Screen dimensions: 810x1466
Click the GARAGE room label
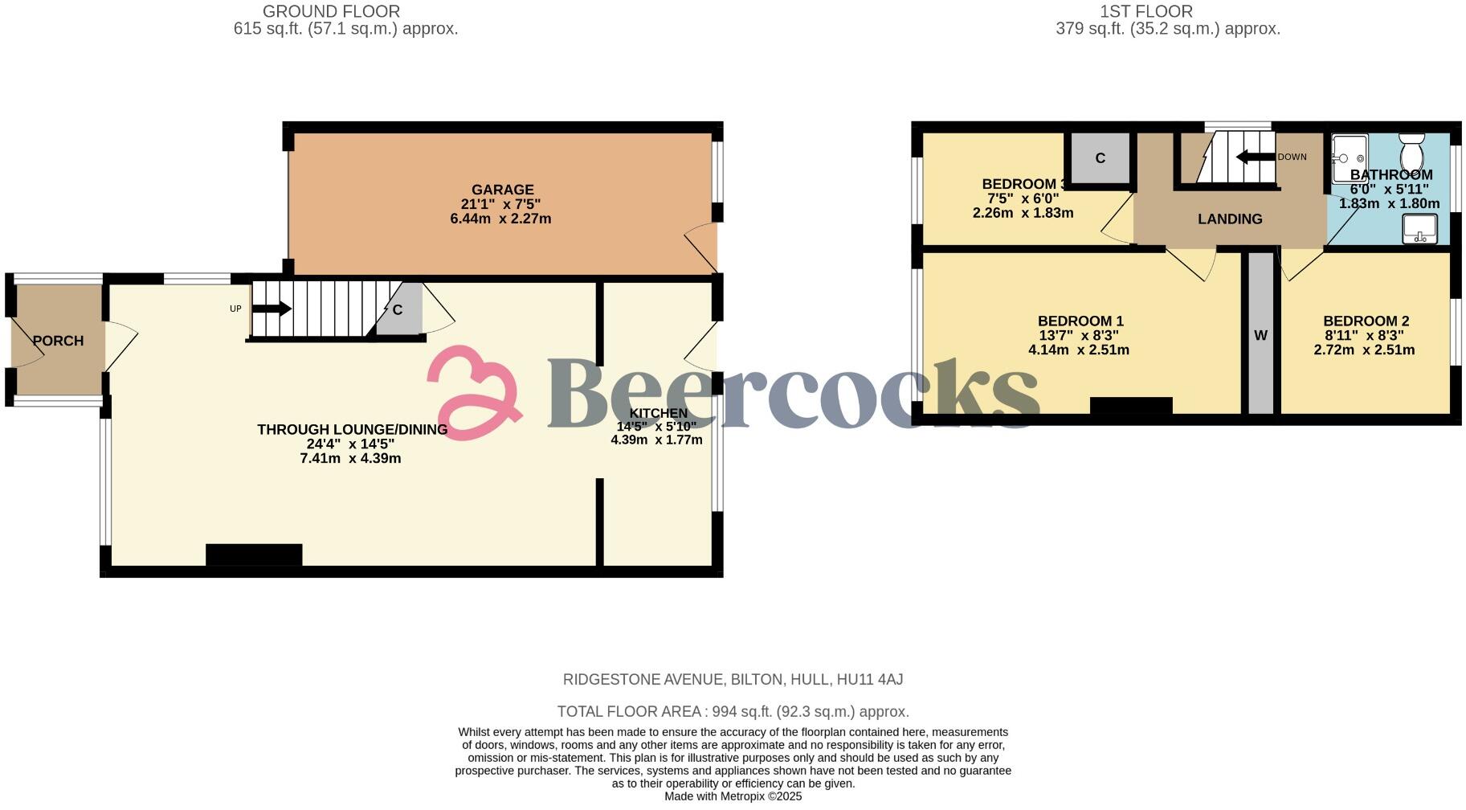click(502, 190)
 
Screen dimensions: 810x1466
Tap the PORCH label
click(58, 341)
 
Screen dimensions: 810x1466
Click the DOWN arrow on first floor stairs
click(1255, 157)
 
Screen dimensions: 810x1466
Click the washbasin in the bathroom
click(1419, 228)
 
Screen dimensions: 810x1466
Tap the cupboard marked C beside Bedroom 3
click(1100, 158)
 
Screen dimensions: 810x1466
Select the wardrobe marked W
click(1260, 335)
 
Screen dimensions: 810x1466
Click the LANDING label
click(1230, 219)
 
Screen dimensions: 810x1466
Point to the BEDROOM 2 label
click(1366, 321)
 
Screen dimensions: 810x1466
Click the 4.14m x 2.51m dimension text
click(1078, 350)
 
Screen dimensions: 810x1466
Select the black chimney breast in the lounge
click(254, 555)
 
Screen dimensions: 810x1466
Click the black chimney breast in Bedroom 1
click(1130, 406)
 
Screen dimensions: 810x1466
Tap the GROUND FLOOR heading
click(331, 11)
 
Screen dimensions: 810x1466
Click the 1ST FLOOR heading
click(1146, 11)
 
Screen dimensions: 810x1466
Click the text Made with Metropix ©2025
click(733, 796)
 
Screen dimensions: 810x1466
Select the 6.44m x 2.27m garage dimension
click(500, 219)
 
